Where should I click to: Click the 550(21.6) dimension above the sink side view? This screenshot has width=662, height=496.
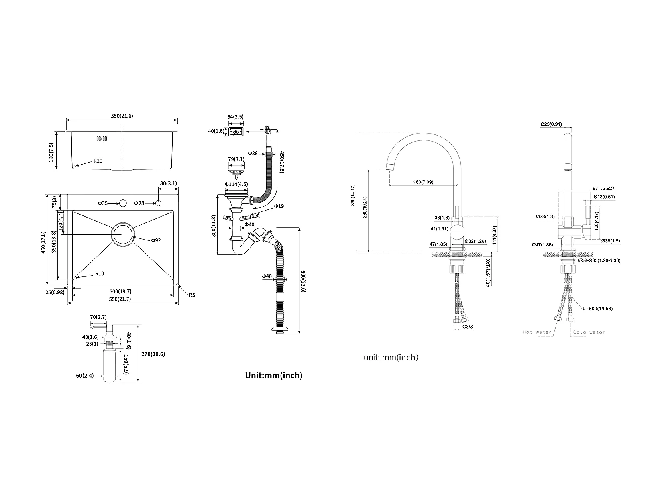pos(122,116)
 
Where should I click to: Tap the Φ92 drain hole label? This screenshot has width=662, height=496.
pos(156,240)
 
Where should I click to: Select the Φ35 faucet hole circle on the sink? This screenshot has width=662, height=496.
pos(123,203)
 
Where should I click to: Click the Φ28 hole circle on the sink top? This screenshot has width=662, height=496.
pos(158,203)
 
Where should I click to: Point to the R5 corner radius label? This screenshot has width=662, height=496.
pos(192,295)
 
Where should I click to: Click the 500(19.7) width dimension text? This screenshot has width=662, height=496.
pos(120,291)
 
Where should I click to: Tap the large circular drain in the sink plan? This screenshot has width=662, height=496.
pos(123,235)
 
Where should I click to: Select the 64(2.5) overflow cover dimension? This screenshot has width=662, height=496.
pos(236,117)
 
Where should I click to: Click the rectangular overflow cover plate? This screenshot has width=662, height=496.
pos(236,132)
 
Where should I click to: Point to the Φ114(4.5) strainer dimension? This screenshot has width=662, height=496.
pos(236,184)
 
